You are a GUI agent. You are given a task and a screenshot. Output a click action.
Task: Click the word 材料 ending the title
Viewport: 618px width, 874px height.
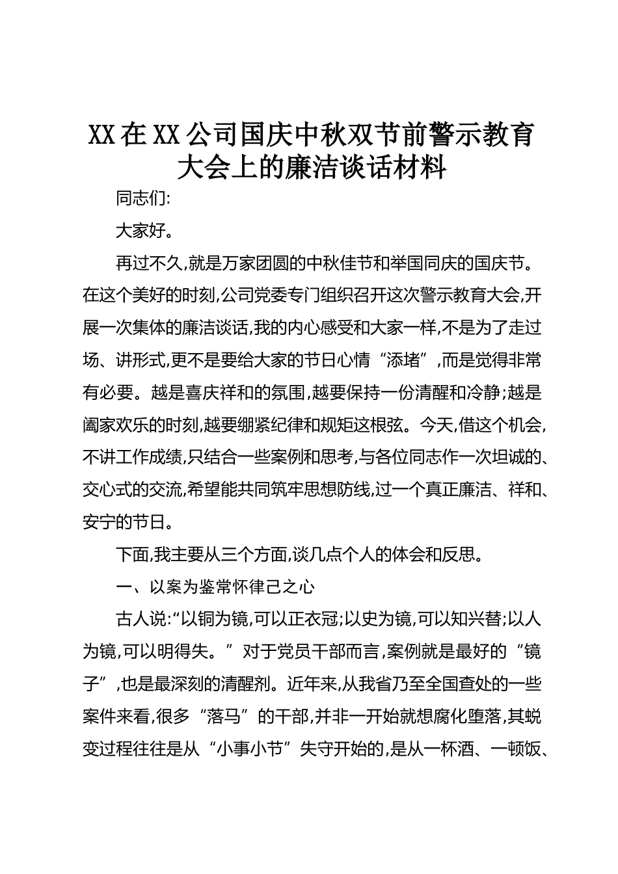(x=421, y=168)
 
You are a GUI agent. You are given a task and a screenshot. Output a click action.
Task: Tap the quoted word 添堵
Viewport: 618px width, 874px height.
(x=406, y=361)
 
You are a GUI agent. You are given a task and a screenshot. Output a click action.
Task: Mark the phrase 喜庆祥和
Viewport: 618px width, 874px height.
(x=219, y=393)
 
